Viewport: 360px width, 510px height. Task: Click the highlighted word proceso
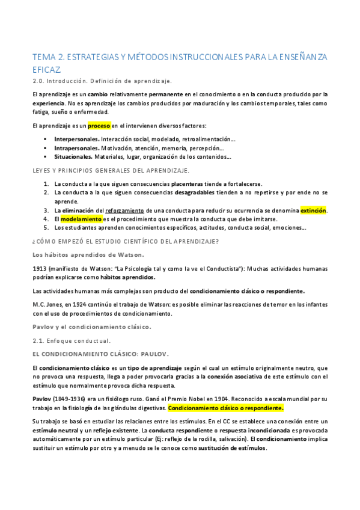[99, 126]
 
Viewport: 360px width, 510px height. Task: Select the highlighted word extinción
[313, 210]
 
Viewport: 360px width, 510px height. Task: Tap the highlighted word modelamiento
[81, 219]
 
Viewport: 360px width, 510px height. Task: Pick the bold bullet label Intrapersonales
[77, 148]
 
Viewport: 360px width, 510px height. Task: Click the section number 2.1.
[38, 340]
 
